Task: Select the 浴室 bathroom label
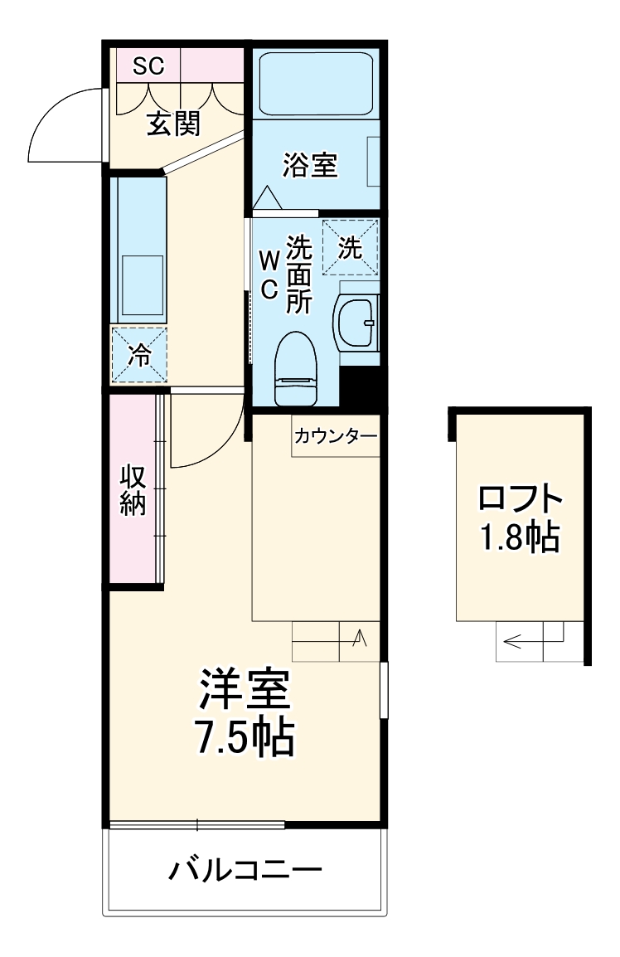pos(309,165)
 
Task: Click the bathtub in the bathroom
pos(315,85)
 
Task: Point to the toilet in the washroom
pos(296,367)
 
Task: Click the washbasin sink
pos(356,321)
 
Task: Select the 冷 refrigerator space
pos(140,356)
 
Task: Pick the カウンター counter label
pos(335,435)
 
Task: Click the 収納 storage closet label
pos(133,490)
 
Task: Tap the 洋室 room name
pos(243,688)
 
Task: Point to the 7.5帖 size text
pos(243,735)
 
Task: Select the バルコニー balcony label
pos(245,871)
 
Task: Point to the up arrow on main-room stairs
pos(360,639)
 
